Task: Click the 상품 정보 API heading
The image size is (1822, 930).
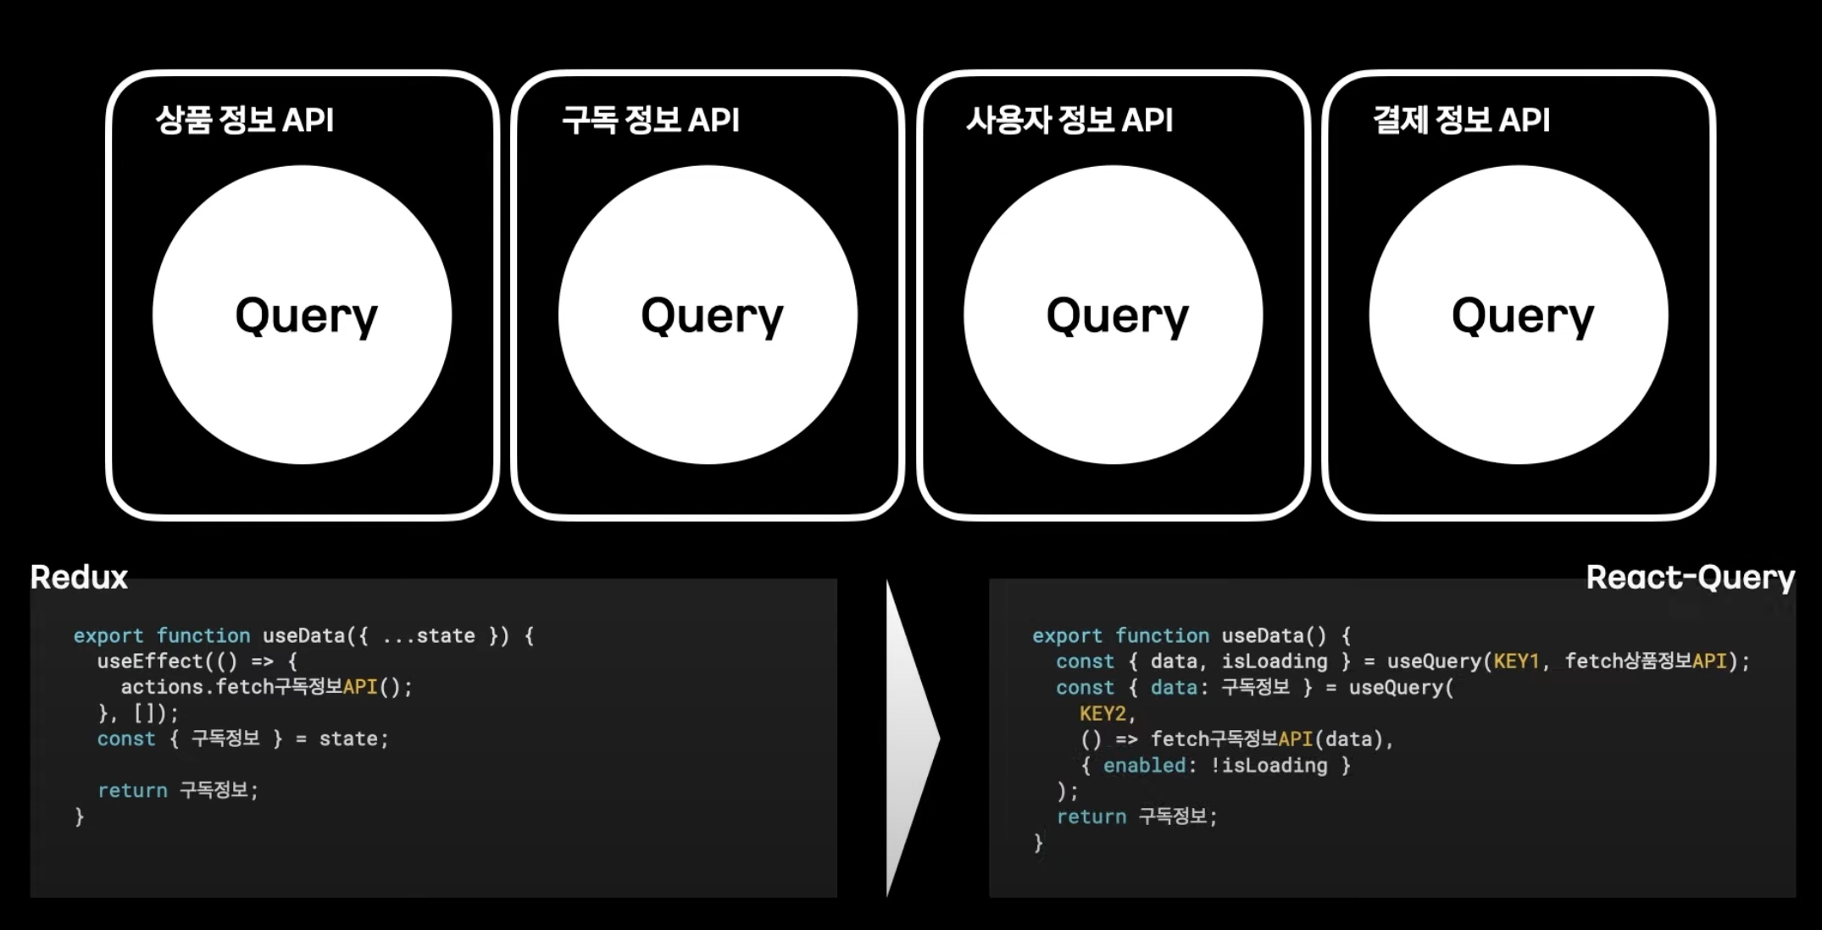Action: tap(245, 120)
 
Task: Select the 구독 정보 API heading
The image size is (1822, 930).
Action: tap(651, 120)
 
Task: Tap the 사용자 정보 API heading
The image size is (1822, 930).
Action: tap(1069, 120)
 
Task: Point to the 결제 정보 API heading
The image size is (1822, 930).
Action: tap(1461, 120)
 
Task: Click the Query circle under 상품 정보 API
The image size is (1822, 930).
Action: tap(303, 315)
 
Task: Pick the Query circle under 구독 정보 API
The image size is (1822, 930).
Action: tap(708, 315)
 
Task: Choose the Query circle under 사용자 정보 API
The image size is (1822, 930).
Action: tap(1114, 315)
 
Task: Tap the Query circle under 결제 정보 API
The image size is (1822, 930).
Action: tap(1519, 315)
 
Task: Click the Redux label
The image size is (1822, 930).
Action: tap(79, 578)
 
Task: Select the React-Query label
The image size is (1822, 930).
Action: tap(1690, 578)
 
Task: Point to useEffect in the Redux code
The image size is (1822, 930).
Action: tap(150, 662)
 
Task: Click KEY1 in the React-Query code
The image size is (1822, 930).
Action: tap(1516, 662)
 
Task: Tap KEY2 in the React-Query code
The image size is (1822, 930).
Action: tap(1103, 713)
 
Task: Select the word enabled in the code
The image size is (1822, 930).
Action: tap(1144, 766)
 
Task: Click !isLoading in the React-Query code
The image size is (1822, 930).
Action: tap(1269, 766)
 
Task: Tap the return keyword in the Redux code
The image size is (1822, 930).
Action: tap(132, 791)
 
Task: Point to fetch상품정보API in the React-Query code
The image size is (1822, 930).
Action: tap(1646, 662)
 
